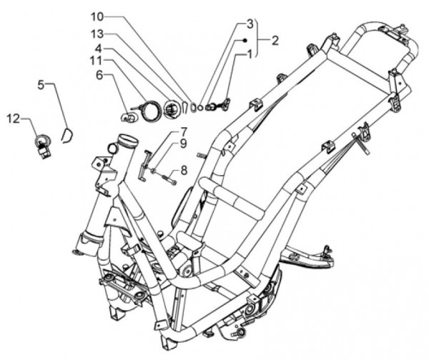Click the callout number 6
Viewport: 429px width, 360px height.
(x=100, y=74)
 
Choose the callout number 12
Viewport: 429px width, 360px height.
(x=13, y=116)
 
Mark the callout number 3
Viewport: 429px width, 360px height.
(x=250, y=24)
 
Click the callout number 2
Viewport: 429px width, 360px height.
(x=275, y=41)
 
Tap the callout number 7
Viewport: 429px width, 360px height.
(x=184, y=131)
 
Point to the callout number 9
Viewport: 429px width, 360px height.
(x=184, y=143)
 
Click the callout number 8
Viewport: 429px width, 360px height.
(x=184, y=170)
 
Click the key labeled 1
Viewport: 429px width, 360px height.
(x=225, y=105)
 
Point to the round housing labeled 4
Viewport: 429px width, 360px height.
(x=171, y=109)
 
